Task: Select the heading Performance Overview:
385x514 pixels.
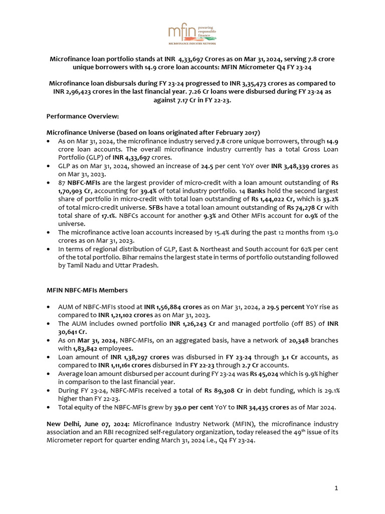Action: [x=83, y=116]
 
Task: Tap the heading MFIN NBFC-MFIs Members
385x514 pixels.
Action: [x=87, y=290]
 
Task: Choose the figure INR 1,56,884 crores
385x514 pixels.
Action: [x=172, y=306]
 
